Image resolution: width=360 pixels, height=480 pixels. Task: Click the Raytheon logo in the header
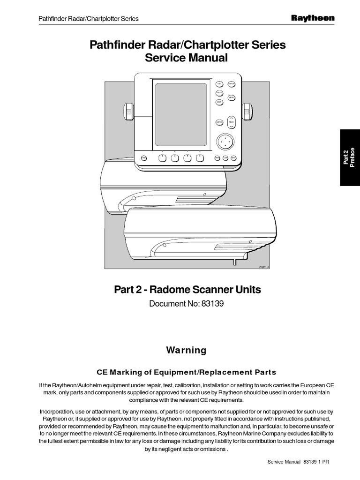313,18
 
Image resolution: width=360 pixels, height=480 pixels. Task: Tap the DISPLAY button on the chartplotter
231,84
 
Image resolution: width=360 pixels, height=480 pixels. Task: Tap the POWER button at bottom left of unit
144,158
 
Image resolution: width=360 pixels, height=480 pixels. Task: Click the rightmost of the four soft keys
201,158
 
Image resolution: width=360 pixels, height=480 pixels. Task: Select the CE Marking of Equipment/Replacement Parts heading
187,372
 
